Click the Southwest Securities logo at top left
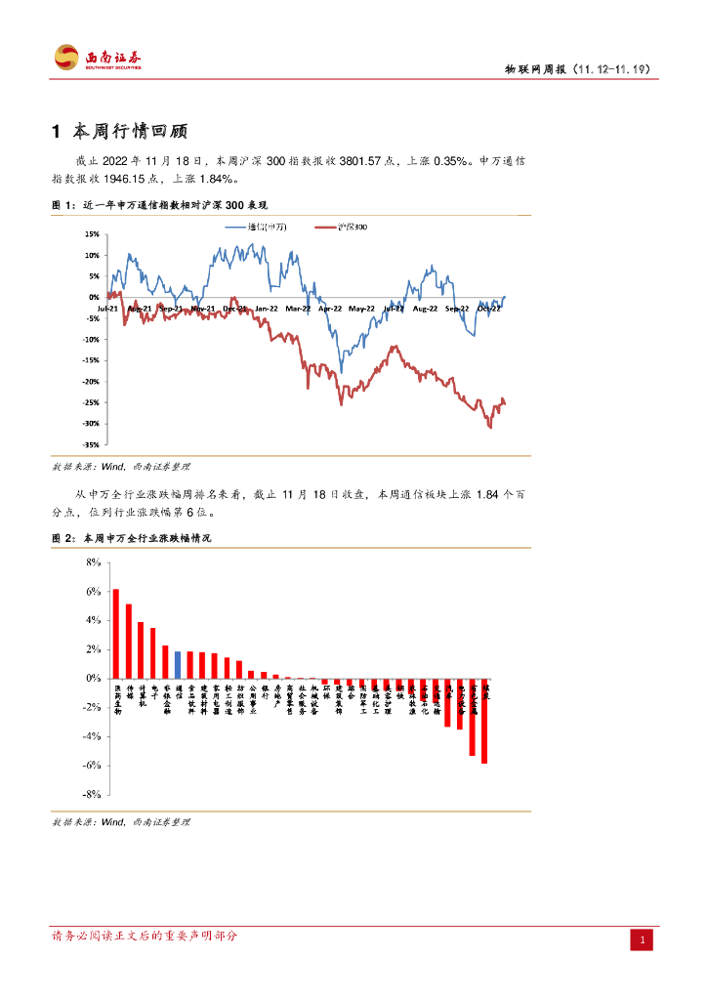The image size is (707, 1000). [98, 58]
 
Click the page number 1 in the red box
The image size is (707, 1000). [642, 940]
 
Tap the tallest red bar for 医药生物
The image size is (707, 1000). [115, 633]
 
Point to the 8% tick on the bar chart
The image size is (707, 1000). [95, 562]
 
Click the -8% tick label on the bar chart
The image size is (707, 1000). [92, 795]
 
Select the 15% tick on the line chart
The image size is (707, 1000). [92, 234]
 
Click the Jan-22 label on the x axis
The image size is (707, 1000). [267, 309]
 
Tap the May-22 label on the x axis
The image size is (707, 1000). [362, 309]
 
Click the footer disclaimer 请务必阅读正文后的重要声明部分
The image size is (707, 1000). [145, 936]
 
